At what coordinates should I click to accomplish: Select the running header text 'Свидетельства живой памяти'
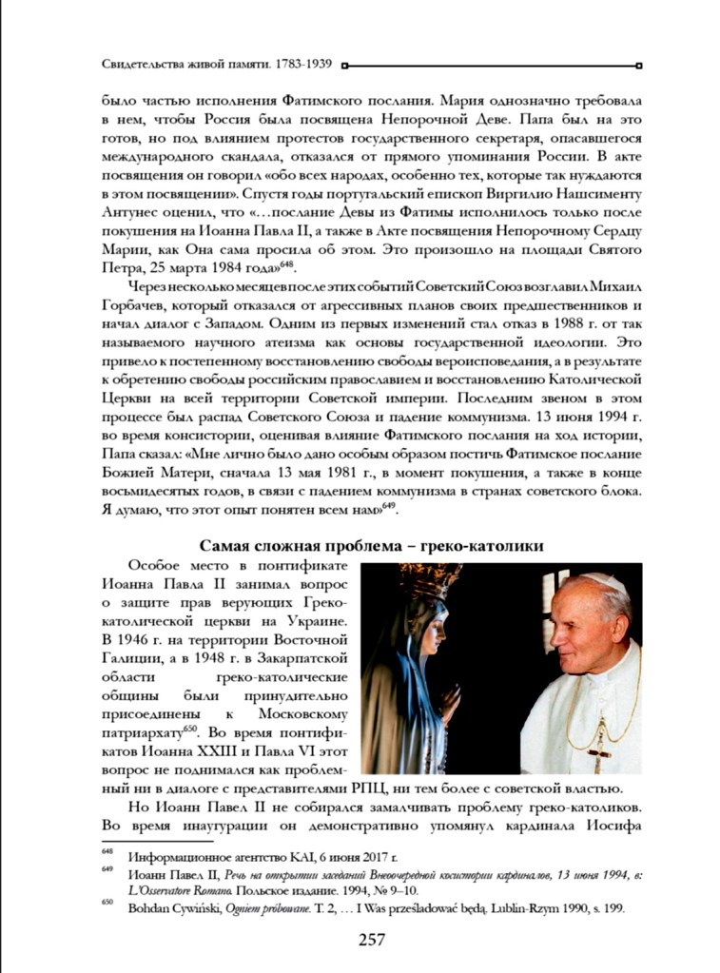click(x=183, y=66)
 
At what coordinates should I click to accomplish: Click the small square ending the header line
click(x=639, y=66)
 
